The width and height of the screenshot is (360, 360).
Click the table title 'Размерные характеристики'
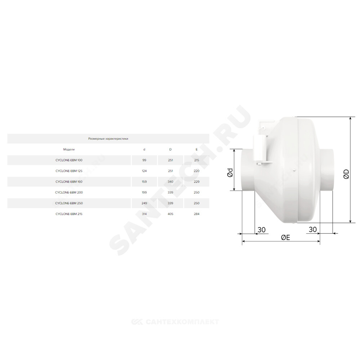point(108,139)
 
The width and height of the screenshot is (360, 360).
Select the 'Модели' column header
point(69,149)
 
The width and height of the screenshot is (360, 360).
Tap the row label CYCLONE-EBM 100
point(69,160)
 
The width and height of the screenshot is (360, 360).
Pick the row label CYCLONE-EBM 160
point(69,181)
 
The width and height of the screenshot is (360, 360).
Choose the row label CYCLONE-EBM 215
point(69,214)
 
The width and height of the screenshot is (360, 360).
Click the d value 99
point(144,160)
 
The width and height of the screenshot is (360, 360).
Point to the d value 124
point(144,171)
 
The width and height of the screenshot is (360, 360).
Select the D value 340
point(170,181)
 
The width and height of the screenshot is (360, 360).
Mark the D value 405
point(170,214)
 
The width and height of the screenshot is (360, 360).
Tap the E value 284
point(197,214)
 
